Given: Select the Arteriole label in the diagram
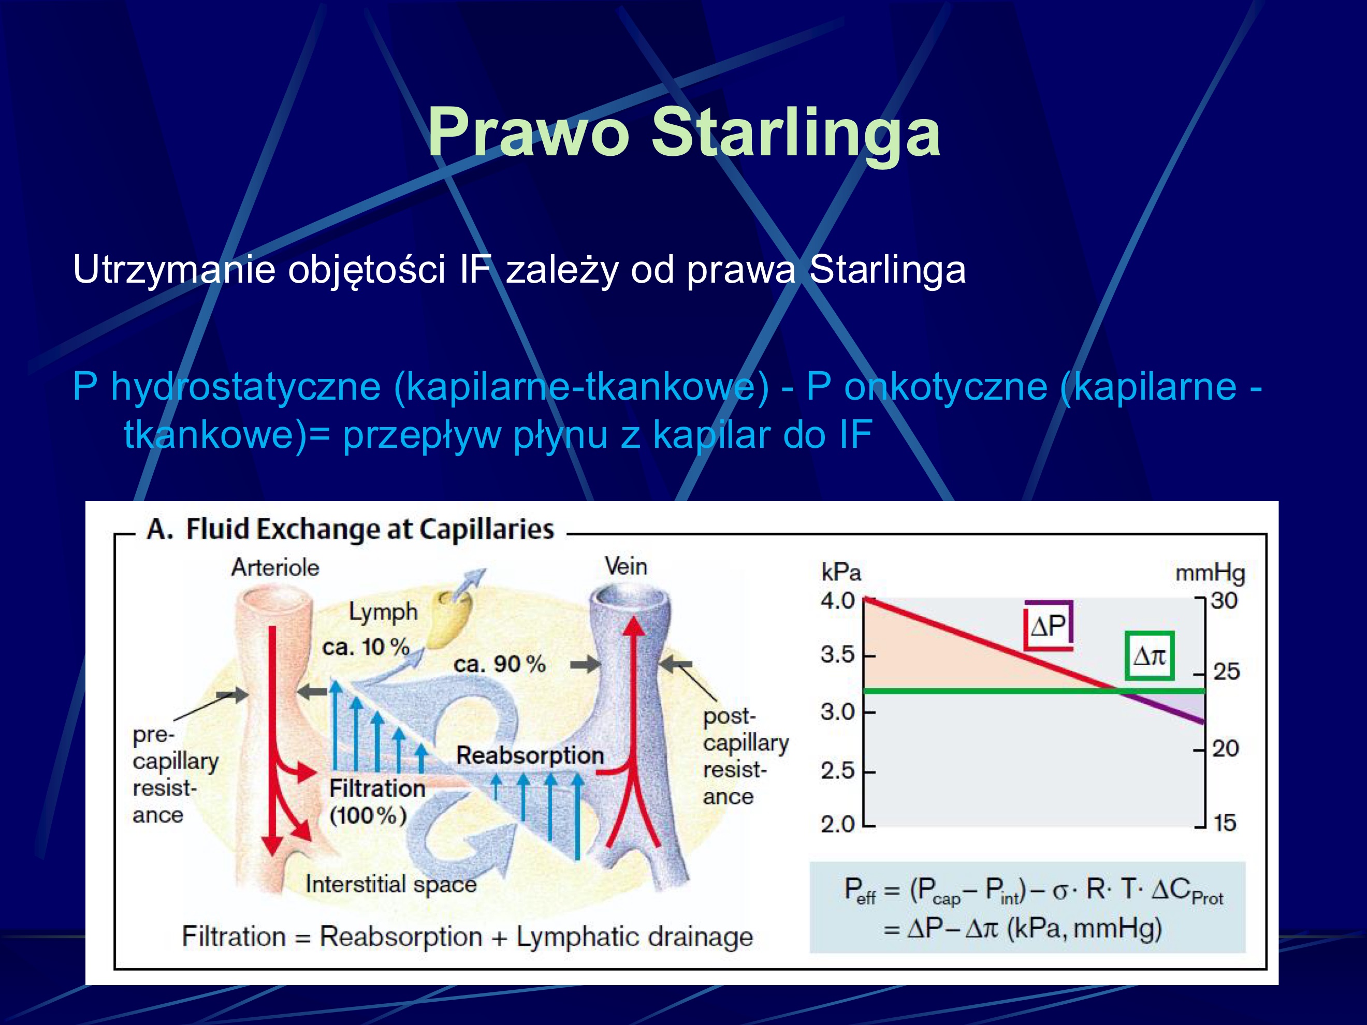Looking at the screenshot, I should coord(275,567).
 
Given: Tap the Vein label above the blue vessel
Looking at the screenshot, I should coord(626,566).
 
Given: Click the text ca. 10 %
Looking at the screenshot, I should coord(366,648).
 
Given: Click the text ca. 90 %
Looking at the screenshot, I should coord(499,664).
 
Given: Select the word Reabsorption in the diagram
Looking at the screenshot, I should coord(530,755).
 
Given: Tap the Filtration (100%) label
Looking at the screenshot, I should coord(377,801).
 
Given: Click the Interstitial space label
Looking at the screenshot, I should coord(391,884).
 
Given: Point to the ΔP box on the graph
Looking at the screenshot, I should coord(1048,626).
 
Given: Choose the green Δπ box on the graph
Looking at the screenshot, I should coord(1149,655).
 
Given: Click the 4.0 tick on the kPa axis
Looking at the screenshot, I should coord(837,601).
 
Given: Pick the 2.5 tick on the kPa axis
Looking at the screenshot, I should coord(837,771).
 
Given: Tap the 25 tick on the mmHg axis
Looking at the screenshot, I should coord(1226,671).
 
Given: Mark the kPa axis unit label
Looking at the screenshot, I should coord(840,573).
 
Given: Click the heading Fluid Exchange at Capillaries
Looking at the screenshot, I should coord(370,530).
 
